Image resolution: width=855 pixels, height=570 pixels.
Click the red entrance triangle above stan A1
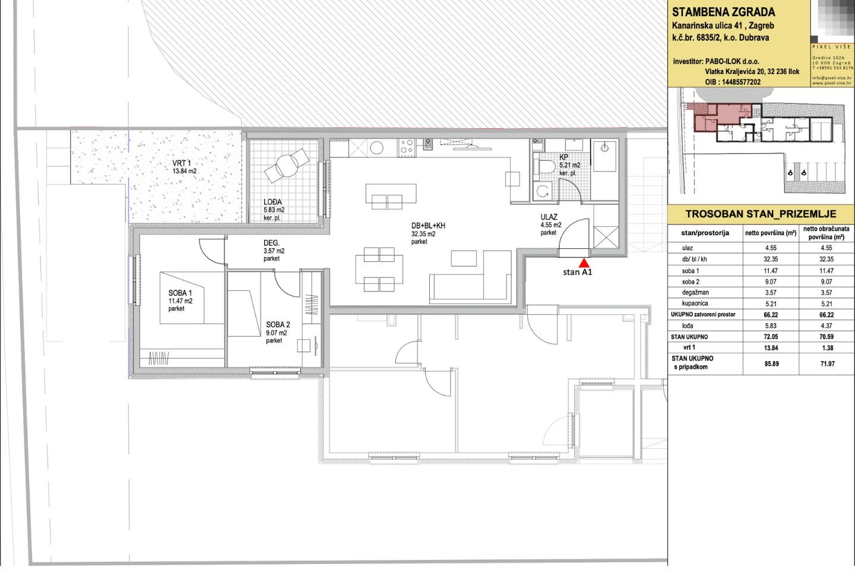(584, 263)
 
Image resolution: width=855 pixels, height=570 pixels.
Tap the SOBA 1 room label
(180, 293)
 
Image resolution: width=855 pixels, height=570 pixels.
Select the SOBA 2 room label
(278, 325)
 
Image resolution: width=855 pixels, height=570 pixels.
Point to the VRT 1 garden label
(181, 163)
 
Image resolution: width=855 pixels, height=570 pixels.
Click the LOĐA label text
(273, 202)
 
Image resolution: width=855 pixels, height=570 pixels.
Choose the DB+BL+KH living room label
(428, 226)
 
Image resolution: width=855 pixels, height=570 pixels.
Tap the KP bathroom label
(563, 157)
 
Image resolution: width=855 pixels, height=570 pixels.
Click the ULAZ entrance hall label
(549, 217)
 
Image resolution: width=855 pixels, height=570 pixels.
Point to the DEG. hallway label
(271, 243)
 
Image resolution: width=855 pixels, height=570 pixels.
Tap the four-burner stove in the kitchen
(407, 147)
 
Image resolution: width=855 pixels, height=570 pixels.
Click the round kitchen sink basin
(376, 148)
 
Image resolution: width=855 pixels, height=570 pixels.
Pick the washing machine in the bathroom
(543, 191)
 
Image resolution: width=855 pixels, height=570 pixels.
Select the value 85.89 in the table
(771, 364)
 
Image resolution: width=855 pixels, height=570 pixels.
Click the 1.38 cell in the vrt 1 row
(827, 348)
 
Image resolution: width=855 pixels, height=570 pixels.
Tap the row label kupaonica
(695, 303)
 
